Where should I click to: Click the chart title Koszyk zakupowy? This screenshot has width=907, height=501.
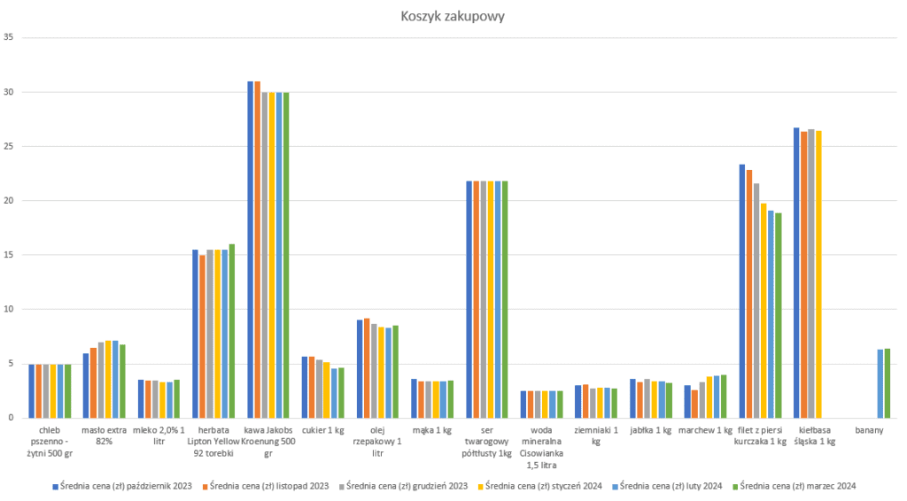coord(453,16)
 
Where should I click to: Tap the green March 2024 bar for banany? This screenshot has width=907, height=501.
coord(887,382)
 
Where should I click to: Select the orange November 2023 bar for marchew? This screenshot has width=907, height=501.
coord(695,404)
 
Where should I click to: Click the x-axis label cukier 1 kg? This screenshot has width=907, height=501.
coord(323,431)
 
